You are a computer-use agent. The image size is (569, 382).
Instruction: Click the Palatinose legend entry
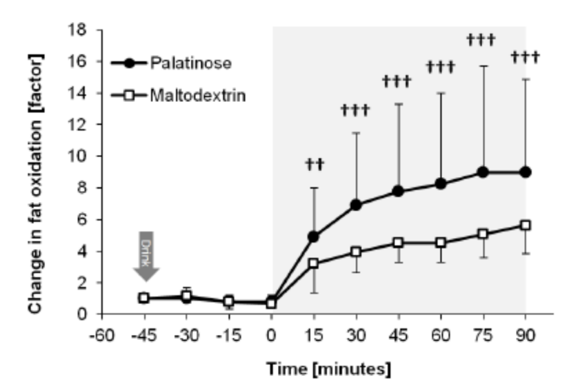pos(187,61)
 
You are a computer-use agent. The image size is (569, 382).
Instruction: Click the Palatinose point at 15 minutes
pos(314,237)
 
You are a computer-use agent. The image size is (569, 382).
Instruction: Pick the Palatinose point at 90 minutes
pos(526,172)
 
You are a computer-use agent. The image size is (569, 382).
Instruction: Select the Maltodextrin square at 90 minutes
pos(526,225)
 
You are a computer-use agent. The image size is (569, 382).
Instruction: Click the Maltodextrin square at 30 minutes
pos(356,252)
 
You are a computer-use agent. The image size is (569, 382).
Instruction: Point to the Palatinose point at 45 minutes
pos(399,191)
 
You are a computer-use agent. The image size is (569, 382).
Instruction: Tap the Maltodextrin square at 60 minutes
pos(441,243)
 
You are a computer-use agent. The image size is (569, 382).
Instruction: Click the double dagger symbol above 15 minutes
pos(314,164)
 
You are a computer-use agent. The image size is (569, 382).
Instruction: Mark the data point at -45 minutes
pos(144,298)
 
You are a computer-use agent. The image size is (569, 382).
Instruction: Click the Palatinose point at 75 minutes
pos(483,172)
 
